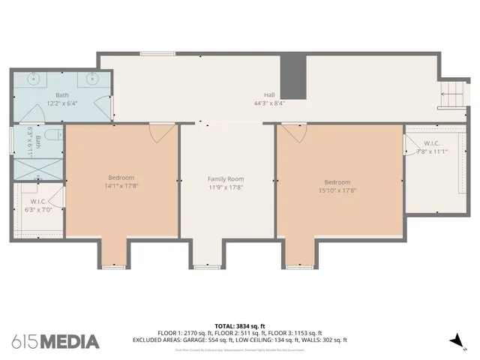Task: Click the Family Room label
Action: (226, 179)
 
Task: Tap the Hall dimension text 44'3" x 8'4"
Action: (269, 103)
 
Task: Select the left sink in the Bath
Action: (33, 78)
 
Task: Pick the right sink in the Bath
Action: (91, 78)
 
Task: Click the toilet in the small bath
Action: (50, 135)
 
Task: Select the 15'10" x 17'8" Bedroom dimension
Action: (337, 190)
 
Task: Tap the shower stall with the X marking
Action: (37, 169)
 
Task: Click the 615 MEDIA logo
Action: (55, 341)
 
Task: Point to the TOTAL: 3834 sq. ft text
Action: (239, 325)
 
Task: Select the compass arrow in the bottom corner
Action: (455, 341)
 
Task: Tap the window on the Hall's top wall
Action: (157, 53)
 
